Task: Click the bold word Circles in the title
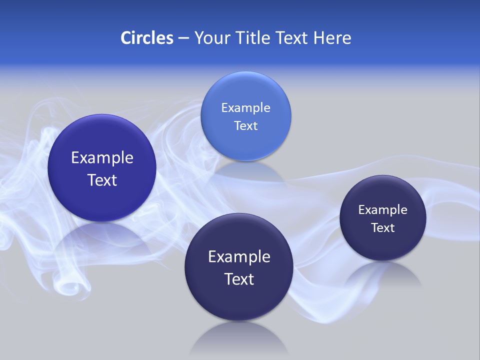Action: pos(147,38)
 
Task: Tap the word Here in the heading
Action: pos(332,38)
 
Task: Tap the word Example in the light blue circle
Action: pos(245,108)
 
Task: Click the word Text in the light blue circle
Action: pos(245,126)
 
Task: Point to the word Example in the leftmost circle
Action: pos(102,158)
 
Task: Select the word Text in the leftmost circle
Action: pos(102,180)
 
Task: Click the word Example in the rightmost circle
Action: pos(383,210)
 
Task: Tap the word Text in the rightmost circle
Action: pos(383,228)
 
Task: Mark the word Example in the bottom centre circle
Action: pos(239,257)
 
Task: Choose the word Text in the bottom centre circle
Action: pos(239,279)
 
